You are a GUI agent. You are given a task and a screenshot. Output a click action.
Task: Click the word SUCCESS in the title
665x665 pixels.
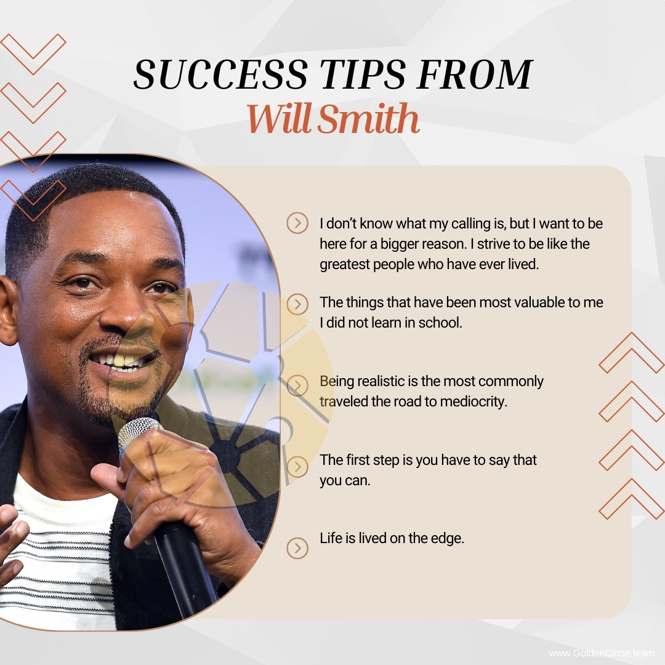click(x=220, y=75)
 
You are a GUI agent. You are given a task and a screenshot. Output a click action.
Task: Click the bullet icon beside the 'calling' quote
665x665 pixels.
click(x=297, y=223)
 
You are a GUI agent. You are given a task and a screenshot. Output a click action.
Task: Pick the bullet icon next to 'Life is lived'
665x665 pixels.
click(x=297, y=547)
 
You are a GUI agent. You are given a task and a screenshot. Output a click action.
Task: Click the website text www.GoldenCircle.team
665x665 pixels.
click(x=601, y=653)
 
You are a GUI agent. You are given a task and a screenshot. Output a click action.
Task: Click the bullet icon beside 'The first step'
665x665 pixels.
click(x=297, y=466)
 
